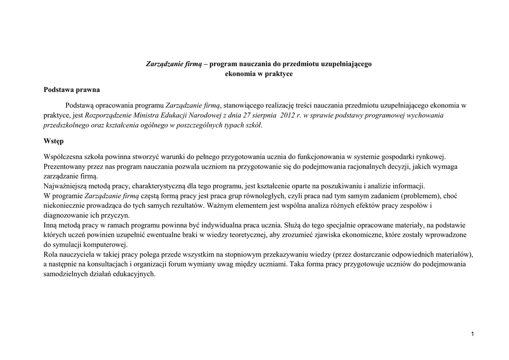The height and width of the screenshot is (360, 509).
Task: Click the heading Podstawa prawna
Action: [72, 90]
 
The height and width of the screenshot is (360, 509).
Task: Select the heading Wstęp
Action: [54, 141]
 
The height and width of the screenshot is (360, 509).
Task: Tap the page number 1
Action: [472, 333]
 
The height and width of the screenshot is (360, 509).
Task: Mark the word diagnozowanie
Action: [67, 216]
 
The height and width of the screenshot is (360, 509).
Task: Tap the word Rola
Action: [52, 255]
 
